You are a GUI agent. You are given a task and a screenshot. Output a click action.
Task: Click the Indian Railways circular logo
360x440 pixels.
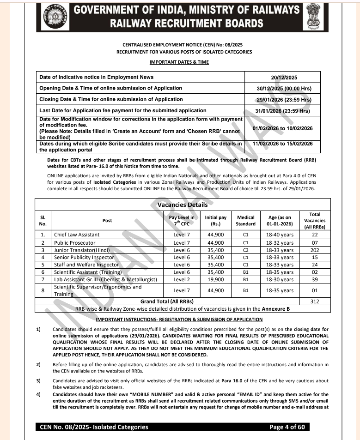tap(55, 17)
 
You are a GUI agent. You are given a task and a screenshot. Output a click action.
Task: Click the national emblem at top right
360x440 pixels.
tap(313, 17)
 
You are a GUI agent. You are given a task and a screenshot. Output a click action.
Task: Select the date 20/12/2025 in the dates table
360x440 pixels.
tap(284, 77)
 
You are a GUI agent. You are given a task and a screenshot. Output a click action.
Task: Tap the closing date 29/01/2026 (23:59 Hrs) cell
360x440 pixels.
tap(284, 99)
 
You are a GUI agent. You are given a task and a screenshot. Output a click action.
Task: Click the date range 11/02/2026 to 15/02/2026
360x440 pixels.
tap(283, 144)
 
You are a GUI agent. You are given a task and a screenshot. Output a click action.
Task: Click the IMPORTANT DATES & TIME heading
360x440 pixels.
tap(179, 62)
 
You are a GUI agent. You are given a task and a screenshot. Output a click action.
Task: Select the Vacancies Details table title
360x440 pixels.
tap(183, 205)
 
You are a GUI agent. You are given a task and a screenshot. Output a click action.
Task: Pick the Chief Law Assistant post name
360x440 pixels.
tap(77, 235)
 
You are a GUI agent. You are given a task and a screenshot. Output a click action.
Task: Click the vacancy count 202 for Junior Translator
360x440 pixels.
tap(315, 250)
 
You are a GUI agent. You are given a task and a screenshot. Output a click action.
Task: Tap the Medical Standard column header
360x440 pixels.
tap(246, 220)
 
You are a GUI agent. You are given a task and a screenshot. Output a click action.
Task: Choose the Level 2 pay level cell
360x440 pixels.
tap(182, 279)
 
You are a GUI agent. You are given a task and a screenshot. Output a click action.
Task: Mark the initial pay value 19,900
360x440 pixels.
tap(216, 279)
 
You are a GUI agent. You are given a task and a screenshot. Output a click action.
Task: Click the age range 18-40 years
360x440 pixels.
tap(280, 235)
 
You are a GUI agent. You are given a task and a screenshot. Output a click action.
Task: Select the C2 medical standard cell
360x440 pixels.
tap(246, 250)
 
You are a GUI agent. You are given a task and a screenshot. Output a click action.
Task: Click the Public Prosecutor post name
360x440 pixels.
tap(75, 242)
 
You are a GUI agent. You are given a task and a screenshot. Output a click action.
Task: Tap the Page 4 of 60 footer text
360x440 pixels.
tap(287, 427)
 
